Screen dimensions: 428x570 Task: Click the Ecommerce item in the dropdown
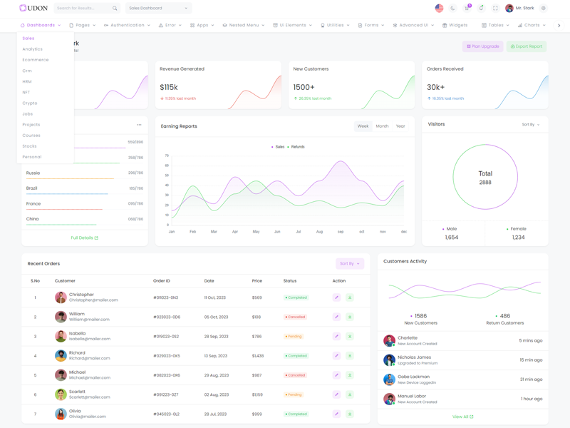coord(36,60)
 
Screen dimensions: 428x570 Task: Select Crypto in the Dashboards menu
coord(30,103)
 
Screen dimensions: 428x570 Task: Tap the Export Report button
coord(527,46)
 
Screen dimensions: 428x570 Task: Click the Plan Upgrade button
coord(483,46)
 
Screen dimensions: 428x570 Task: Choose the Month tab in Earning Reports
coord(382,126)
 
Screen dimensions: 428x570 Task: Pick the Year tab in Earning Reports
coord(400,126)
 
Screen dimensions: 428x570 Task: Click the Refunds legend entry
coord(297,147)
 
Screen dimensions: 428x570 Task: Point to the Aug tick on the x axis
coord(319,232)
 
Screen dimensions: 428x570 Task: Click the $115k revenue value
coord(169,87)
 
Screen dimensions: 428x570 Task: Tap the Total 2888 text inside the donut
coord(485,178)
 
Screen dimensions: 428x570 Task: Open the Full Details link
coord(85,238)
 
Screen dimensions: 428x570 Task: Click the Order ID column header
coord(162,281)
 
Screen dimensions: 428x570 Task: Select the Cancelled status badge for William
coord(296,317)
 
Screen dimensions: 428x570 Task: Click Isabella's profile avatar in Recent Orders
coord(61,336)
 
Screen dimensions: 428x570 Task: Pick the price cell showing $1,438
coord(257,355)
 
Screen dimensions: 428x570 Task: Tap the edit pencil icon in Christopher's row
coord(336,297)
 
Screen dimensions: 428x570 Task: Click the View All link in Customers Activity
coord(462,417)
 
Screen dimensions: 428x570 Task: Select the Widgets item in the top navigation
coord(455,25)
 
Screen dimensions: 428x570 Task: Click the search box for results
coord(84,9)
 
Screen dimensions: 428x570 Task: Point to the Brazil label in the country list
coord(32,188)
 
